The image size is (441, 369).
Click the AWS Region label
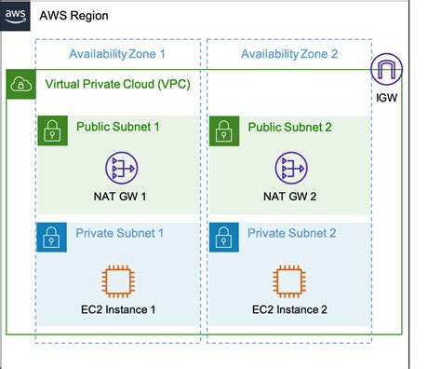click(75, 16)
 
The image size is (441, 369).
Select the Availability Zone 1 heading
click(117, 54)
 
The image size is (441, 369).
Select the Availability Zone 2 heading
click(289, 54)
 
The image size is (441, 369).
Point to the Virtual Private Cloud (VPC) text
click(118, 85)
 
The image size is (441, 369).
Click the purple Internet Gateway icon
click(386, 71)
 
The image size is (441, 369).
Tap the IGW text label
click(387, 96)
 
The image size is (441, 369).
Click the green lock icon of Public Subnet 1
click(51, 130)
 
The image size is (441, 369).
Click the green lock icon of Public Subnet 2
click(223, 130)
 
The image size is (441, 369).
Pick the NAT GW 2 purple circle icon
click(289, 168)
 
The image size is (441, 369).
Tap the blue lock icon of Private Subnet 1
click(51, 238)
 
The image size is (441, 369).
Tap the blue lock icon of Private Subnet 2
click(223, 238)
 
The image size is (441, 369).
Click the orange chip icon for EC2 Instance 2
click(289, 280)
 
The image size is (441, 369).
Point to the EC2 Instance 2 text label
click(289, 308)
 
